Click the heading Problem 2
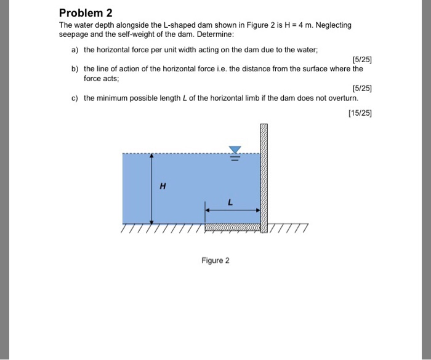click(81, 12)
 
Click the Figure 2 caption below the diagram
click(215, 261)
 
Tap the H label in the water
click(163, 186)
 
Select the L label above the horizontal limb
click(230, 201)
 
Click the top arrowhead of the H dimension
click(151, 156)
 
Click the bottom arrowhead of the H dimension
click(151, 220)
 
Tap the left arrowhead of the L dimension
click(208, 210)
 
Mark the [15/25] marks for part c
click(360, 113)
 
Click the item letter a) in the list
click(75, 49)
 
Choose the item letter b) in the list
click(75, 69)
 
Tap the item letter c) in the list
click(75, 98)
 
